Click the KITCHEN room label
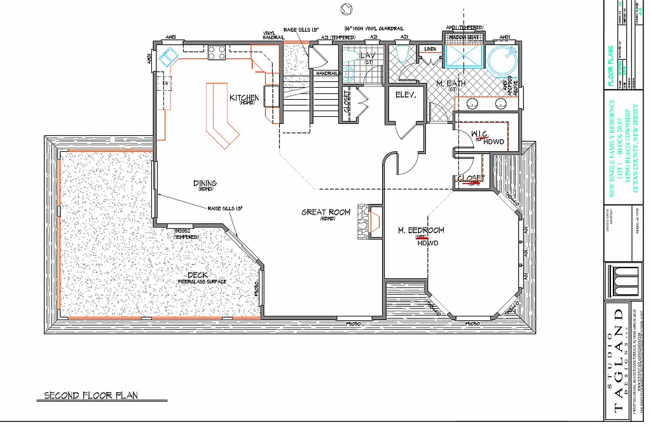(x=244, y=98)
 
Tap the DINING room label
(x=205, y=184)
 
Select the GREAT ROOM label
(x=325, y=213)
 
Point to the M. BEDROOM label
(x=420, y=230)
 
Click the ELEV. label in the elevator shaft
(x=405, y=95)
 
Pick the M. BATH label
(x=448, y=85)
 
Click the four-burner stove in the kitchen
(x=217, y=52)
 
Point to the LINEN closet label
(x=430, y=48)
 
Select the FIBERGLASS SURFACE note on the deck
(x=202, y=281)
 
